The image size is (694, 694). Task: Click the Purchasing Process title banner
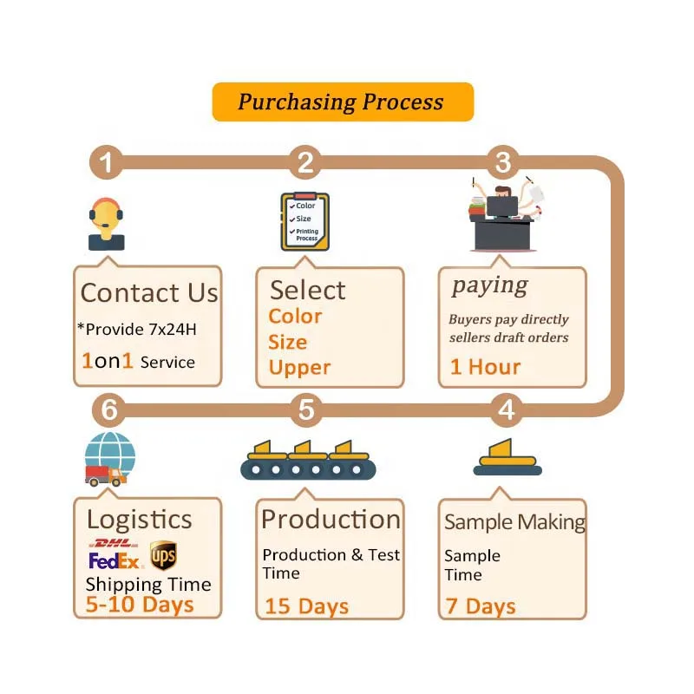click(343, 101)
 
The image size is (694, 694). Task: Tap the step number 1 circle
click(107, 162)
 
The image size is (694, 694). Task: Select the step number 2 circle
click(304, 162)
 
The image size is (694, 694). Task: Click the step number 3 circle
click(503, 162)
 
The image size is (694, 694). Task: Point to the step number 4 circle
click(507, 409)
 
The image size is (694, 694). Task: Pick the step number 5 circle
click(305, 409)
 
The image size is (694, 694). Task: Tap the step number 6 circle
click(108, 409)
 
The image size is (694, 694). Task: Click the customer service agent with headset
click(106, 224)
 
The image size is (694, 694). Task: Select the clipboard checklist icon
click(304, 222)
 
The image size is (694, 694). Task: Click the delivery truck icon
click(105, 475)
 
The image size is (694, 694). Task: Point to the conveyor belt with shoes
click(302, 461)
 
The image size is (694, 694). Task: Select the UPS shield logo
click(163, 555)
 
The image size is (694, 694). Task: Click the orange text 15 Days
click(307, 606)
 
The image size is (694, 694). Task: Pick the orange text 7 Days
click(481, 606)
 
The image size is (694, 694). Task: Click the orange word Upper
click(299, 367)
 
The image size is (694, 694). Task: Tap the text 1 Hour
click(485, 366)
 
